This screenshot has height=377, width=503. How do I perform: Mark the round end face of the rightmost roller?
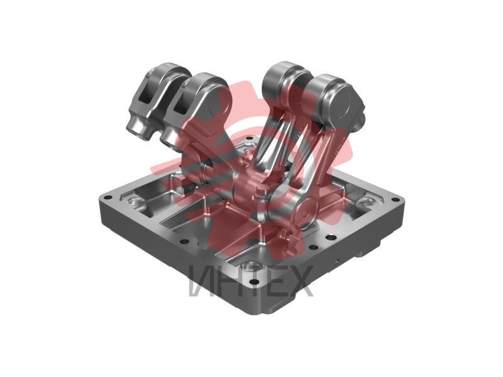tap(342, 104)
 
